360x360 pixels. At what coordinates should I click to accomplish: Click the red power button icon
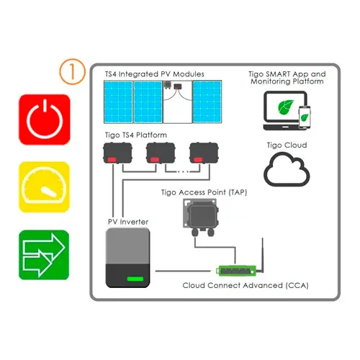[x=45, y=120]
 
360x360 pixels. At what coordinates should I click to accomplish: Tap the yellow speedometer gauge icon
[x=44, y=187]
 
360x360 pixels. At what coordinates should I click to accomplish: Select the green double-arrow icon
[x=44, y=255]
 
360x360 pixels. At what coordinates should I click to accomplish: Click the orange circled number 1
[x=72, y=71]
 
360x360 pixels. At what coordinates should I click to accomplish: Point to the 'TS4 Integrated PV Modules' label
[x=155, y=74]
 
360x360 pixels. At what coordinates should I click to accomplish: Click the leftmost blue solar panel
[x=118, y=102]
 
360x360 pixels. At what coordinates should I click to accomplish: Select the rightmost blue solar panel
[x=207, y=102]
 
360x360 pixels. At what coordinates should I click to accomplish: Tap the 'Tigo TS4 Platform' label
[x=136, y=135]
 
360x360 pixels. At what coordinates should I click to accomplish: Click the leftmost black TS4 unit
[x=117, y=153]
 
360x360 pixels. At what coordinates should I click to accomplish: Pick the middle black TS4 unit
[x=161, y=153]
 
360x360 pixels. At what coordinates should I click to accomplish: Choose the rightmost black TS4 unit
[x=204, y=153]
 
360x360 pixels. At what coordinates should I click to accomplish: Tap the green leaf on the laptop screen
[x=286, y=107]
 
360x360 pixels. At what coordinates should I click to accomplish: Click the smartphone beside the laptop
[x=305, y=117]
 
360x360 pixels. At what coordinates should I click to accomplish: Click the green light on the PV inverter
[x=135, y=279]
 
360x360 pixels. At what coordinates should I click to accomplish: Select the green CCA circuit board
[x=236, y=271]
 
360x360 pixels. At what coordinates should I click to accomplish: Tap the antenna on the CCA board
[x=262, y=256]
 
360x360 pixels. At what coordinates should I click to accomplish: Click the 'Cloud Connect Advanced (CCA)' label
[x=246, y=285]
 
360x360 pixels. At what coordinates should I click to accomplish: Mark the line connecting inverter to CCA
[x=183, y=271]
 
